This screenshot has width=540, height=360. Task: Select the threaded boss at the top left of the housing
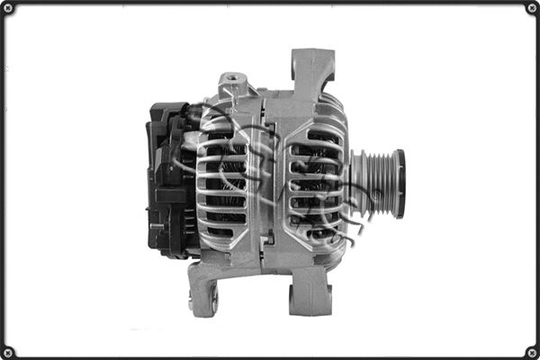click(233, 82)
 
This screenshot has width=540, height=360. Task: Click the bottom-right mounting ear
click(311, 292)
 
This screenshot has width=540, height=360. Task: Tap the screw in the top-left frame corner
click(8, 8)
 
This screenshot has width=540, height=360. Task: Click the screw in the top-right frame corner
click(531, 8)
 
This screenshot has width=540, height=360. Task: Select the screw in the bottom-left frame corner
click(8, 351)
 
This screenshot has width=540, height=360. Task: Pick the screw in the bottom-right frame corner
click(531, 351)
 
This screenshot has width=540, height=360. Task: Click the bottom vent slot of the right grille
click(317, 232)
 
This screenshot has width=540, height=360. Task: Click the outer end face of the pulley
click(399, 183)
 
